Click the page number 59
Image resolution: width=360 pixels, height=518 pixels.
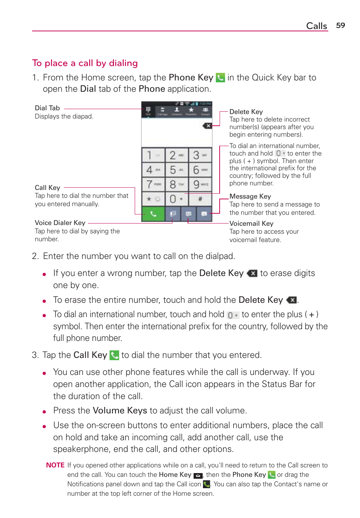click(340, 25)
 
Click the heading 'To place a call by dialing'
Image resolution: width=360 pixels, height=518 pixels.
click(85, 63)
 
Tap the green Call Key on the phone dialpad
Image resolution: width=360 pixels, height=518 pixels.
click(153, 214)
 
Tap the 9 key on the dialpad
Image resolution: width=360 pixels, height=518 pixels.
click(200, 185)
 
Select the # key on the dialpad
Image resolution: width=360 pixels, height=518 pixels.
click(200, 199)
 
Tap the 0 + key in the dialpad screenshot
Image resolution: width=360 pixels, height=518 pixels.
click(176, 199)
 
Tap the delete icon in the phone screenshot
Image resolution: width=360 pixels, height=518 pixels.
click(207, 126)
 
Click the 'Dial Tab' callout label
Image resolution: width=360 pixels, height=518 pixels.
click(47, 108)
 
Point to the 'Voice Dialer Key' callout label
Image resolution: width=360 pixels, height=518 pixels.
click(60, 223)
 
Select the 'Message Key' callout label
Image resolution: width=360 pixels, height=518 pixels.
click(250, 196)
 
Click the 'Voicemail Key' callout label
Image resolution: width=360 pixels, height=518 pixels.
click(251, 224)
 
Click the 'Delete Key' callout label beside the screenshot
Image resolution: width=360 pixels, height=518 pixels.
click(246, 112)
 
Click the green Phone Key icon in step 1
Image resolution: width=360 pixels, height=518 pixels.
click(220, 78)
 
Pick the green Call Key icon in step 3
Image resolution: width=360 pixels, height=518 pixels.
click(114, 355)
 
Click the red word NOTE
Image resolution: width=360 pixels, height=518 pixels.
click(55, 465)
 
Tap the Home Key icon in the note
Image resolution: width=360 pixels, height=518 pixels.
click(198, 475)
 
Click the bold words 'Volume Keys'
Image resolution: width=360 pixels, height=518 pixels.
click(120, 410)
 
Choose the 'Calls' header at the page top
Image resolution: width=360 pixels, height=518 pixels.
click(317, 26)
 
